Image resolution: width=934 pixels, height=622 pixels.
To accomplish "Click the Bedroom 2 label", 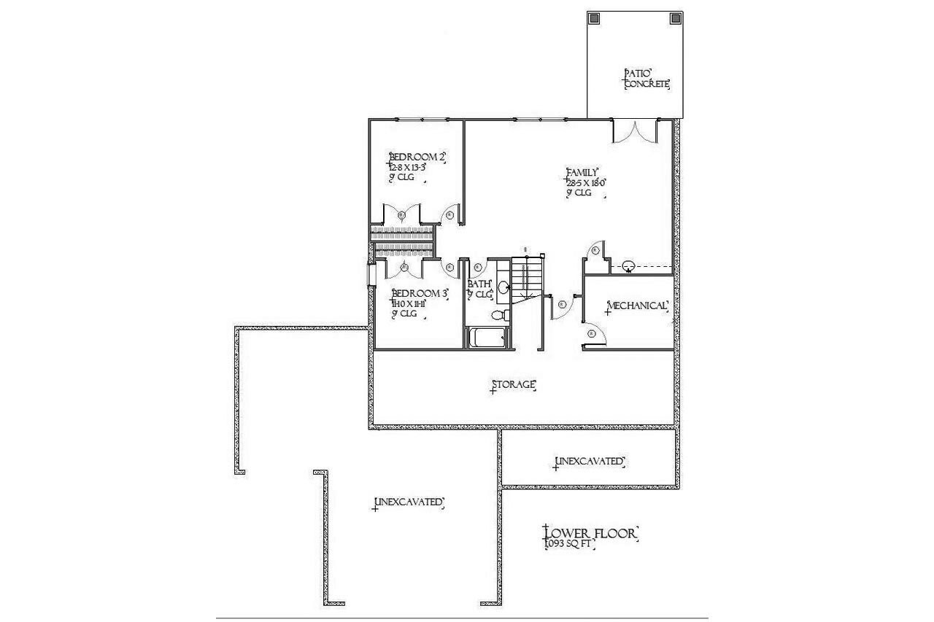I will [x=417, y=157].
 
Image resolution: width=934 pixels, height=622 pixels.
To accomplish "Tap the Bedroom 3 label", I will [x=420, y=293].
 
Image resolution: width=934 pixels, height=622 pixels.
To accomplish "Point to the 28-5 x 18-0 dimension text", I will [x=587, y=183].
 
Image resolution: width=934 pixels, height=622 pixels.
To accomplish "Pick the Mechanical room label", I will [x=637, y=306].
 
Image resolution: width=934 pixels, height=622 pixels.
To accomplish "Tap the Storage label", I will [x=514, y=384].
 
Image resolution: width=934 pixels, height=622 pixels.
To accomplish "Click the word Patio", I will [x=637, y=74].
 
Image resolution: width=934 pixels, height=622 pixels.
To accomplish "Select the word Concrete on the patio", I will [x=647, y=85].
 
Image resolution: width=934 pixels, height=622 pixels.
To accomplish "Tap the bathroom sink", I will [x=503, y=287].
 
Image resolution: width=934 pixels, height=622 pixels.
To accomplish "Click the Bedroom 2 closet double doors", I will [x=401, y=214].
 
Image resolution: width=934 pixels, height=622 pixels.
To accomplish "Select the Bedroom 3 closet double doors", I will [x=404, y=268].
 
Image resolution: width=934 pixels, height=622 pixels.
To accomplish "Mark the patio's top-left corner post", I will [x=594, y=18].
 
